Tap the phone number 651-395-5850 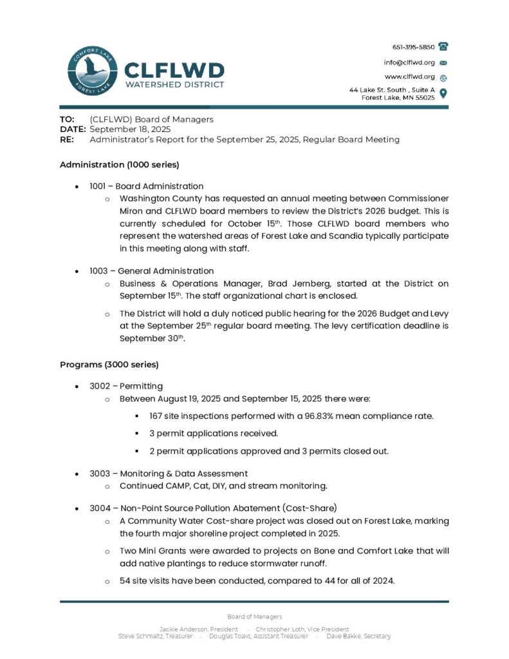point(413,47)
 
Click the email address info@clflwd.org point(409,62)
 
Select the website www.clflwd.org point(409,77)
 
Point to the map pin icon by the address point(443,93)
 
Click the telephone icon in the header point(443,47)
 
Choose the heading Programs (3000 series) point(109,364)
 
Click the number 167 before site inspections point(156,416)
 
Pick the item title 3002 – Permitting point(126,386)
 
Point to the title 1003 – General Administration point(152,271)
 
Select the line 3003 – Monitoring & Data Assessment point(169,474)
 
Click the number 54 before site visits point(125,580)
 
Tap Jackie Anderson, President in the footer point(199,629)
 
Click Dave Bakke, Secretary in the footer point(358,636)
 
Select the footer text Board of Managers point(254,617)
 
